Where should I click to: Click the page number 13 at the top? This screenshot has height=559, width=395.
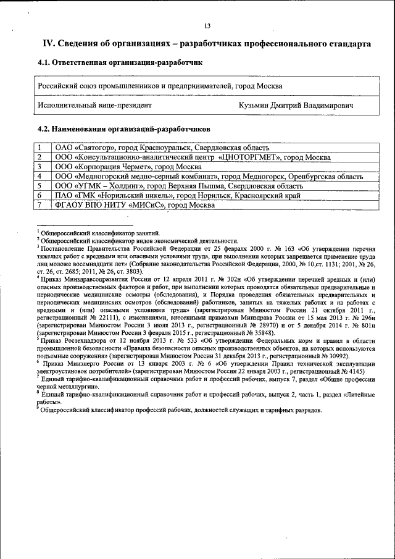pyautogui.click(x=207, y=25)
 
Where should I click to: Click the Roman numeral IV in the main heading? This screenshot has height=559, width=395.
pyautogui.click(x=48, y=44)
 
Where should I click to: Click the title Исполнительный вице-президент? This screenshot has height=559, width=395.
pyautogui.click(x=94, y=106)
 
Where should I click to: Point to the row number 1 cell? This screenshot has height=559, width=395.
pyautogui.click(x=39, y=148)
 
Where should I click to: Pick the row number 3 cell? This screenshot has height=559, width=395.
pyautogui.click(x=39, y=167)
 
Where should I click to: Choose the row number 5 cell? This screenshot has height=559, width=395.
pyautogui.click(x=39, y=185)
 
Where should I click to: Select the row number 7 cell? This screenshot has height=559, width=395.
pyautogui.click(x=39, y=204)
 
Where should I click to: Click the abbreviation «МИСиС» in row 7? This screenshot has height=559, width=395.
pyautogui.click(x=147, y=204)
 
